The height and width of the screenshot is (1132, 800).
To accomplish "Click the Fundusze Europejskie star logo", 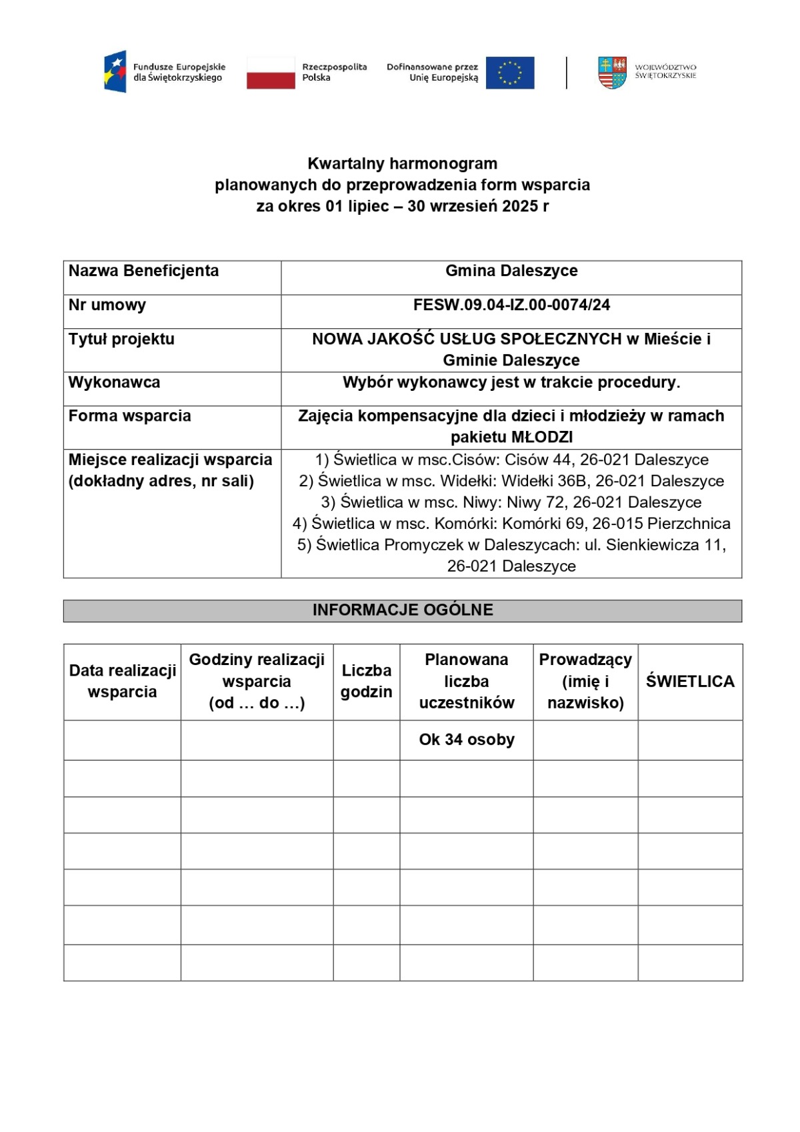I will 115,71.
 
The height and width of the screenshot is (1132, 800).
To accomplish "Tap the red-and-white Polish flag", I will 271,72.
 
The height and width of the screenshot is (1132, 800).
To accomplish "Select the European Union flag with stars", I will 510,72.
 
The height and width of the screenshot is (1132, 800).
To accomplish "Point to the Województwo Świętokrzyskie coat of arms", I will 612,72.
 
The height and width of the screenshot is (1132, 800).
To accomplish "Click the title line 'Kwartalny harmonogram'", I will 402,163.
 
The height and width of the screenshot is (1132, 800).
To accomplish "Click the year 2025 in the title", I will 520,206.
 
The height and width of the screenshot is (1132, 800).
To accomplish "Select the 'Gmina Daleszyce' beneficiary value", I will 511,271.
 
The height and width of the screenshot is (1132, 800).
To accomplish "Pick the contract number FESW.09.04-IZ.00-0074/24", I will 511,305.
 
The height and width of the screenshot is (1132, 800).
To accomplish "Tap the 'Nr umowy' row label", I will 107,305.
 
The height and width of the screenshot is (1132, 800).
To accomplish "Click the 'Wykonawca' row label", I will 114,382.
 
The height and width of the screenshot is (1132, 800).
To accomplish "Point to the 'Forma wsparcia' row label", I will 129,416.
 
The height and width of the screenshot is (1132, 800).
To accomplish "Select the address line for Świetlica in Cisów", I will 511,460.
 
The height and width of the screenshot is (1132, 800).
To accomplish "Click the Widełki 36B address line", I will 511,481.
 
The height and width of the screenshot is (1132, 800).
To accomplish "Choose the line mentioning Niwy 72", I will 511,502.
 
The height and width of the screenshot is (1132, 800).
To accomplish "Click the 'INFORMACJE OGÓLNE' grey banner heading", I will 403,610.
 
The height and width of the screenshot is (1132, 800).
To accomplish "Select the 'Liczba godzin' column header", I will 366,681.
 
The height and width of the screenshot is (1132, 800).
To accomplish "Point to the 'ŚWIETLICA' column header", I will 690,681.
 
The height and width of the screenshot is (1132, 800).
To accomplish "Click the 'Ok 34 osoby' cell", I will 467,740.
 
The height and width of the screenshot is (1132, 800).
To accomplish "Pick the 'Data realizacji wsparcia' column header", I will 123,681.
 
